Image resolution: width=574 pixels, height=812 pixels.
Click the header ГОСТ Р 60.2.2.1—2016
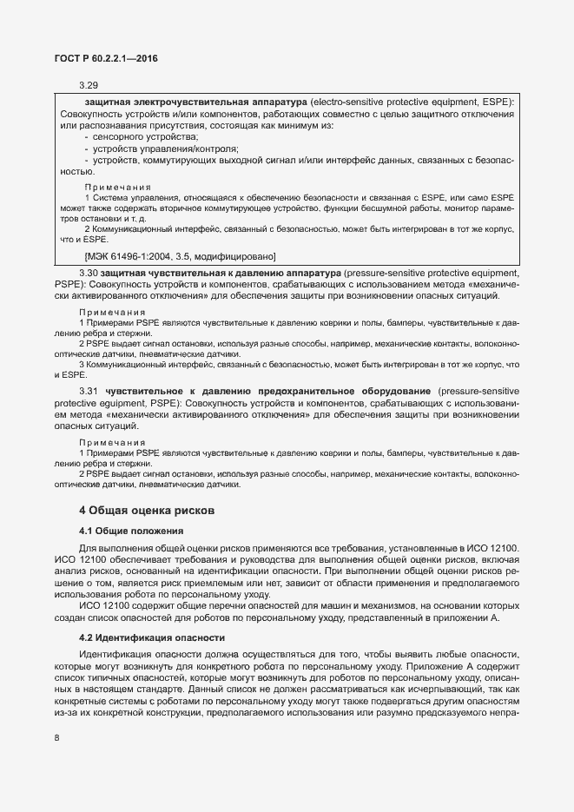point(101,58)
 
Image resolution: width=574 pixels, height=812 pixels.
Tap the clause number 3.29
point(89,85)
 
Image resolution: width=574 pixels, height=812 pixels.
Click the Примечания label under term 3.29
point(117,188)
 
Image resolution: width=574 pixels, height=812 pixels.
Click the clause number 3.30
point(89,274)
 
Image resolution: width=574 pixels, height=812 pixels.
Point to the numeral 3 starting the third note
point(82,364)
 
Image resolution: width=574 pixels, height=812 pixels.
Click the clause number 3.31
point(89,393)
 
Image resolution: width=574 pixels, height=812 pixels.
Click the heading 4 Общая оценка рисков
point(141,510)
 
